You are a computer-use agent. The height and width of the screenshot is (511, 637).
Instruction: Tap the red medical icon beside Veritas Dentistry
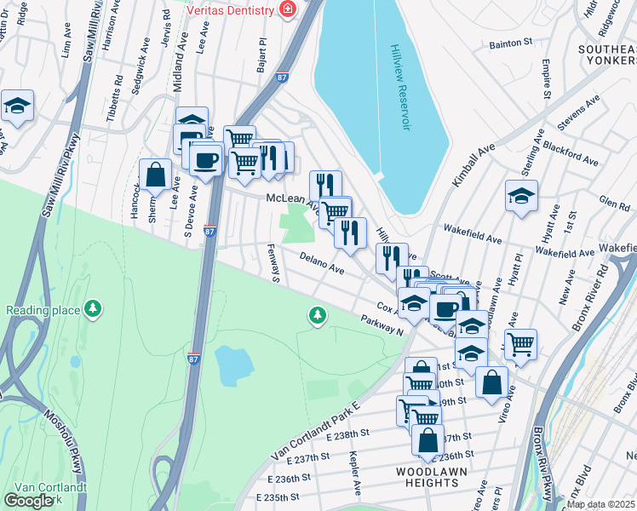pos(288,9)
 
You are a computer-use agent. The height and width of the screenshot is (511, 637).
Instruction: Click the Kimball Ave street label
pos(473,165)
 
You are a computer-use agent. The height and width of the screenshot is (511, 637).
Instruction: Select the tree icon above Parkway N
pos(318,316)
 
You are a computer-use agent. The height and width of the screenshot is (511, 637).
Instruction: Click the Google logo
pos(28,500)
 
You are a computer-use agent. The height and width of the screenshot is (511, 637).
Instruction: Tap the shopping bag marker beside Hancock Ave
pos(156,175)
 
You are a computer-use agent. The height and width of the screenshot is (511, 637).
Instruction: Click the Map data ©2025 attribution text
pos(600,504)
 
